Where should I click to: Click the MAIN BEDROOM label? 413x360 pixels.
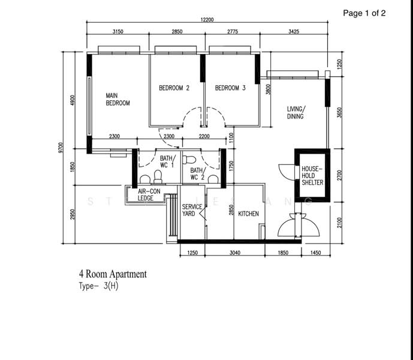point(117,99)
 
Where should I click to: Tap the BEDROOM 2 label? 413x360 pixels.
point(174,88)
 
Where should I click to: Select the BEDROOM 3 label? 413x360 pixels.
point(230,88)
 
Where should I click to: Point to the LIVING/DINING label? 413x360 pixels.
point(296,112)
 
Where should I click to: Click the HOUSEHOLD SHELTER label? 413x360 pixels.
point(312,176)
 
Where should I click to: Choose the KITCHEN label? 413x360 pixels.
point(248,214)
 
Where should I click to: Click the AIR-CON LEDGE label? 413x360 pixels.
point(149,194)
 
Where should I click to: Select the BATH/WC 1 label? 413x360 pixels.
point(167,161)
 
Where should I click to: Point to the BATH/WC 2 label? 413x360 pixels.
point(197,174)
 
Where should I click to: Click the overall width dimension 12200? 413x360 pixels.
point(207,20)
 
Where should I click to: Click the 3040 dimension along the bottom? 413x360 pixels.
point(234,253)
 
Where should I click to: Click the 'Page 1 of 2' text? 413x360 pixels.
point(364,13)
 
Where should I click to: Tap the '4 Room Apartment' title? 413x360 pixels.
point(112,274)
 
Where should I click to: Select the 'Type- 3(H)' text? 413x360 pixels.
point(98,286)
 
